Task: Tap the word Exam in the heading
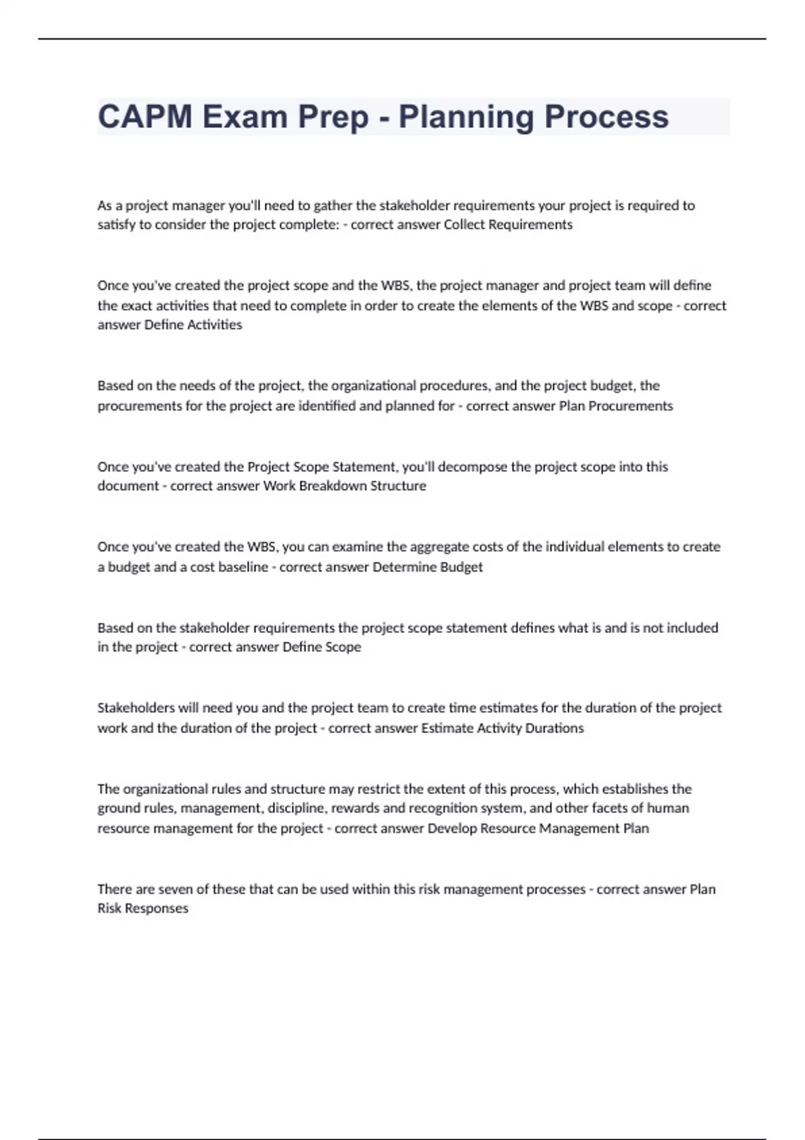(246, 117)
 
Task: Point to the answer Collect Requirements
(508, 225)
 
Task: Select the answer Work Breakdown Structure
(344, 486)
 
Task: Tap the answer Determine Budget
(427, 567)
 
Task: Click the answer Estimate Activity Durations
(502, 728)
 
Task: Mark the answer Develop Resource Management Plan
(538, 828)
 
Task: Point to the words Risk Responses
(143, 909)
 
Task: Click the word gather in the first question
(331, 205)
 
